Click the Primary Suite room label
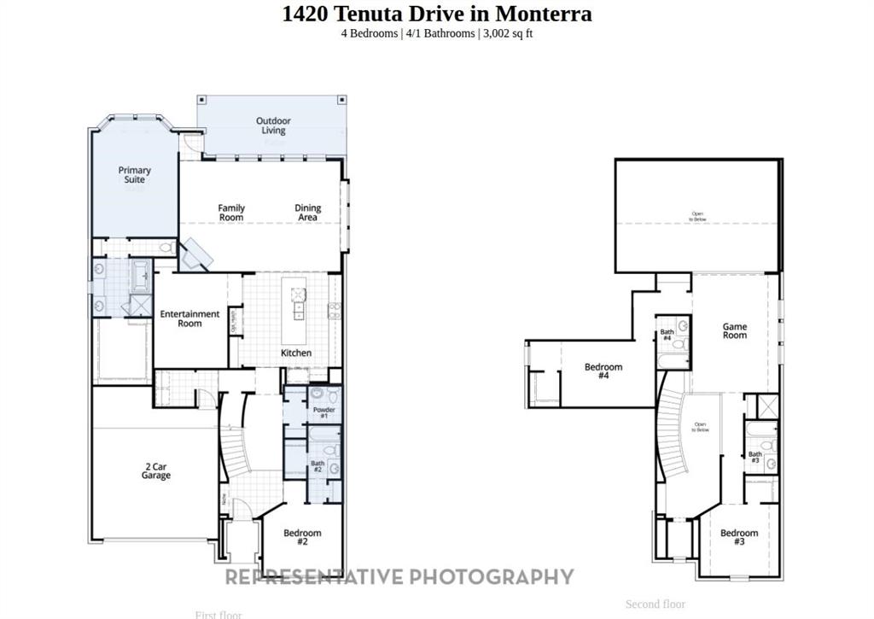click(x=134, y=175)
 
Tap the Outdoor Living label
click(x=273, y=126)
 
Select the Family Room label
click(x=231, y=213)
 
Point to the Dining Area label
click(x=307, y=213)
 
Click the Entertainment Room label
click(x=189, y=318)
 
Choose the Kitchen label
click(x=296, y=353)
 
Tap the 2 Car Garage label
click(x=155, y=470)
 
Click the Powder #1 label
click(x=324, y=412)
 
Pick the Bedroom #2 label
click(x=302, y=537)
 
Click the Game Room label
click(x=735, y=330)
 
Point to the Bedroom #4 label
click(x=603, y=371)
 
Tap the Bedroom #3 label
click(x=738, y=537)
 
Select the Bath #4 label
click(x=667, y=335)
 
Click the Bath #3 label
click(x=755, y=458)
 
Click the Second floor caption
click(x=655, y=604)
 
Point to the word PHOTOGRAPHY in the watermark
click(x=492, y=577)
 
